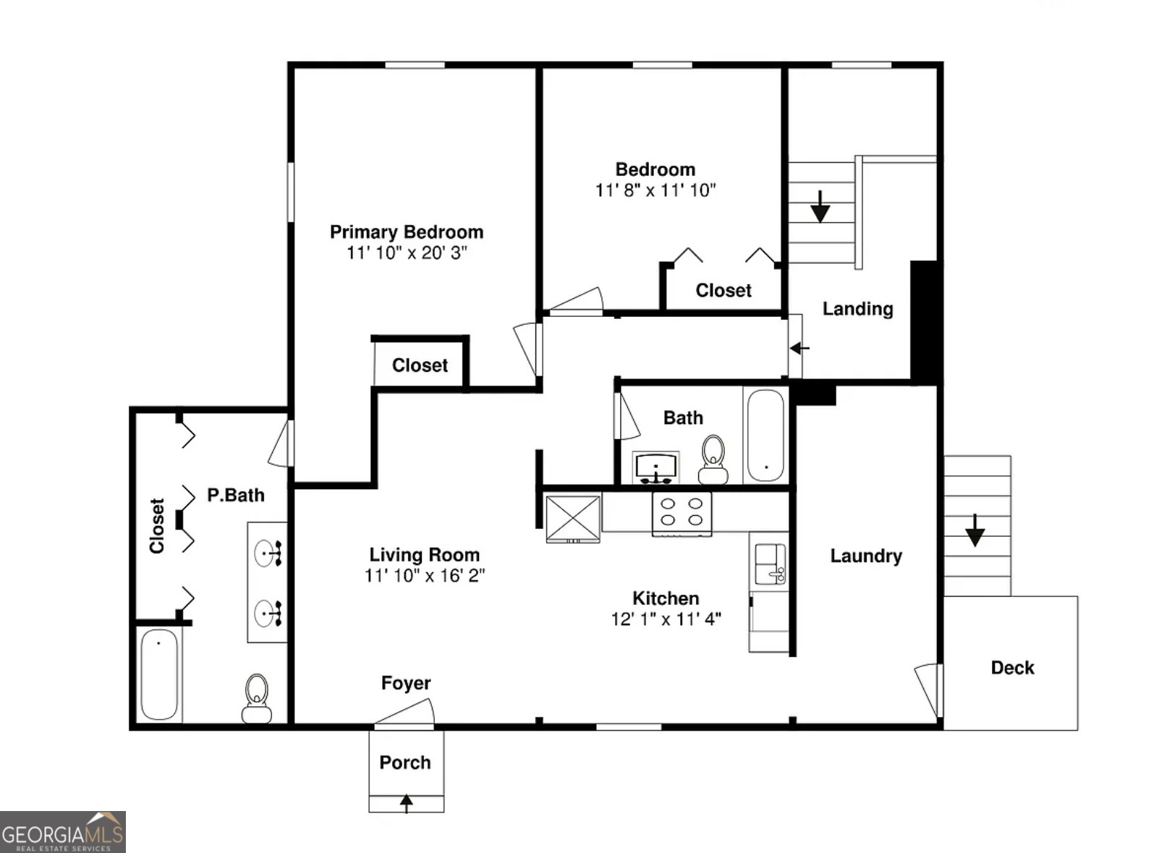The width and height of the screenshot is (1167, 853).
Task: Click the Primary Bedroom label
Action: pos(406,232)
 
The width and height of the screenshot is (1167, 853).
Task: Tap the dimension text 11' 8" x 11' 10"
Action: pos(655,190)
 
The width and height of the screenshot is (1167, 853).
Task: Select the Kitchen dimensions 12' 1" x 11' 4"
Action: pos(666,619)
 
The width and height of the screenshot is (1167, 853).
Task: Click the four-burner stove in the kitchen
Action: pos(682,512)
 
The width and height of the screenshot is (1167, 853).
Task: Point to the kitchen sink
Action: pos(769,564)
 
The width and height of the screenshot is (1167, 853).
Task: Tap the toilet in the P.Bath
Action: pos(256,698)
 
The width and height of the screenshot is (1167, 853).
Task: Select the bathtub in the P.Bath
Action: pos(158,674)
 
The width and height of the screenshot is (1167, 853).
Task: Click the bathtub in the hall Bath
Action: pos(765,436)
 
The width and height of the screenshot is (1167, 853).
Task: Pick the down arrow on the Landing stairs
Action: pos(820,207)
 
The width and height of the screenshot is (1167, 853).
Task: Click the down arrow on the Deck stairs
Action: pos(975,531)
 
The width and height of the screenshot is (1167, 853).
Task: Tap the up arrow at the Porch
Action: pos(407,802)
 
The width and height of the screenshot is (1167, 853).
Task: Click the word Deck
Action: pos(1011,668)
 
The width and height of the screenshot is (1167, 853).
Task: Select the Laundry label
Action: pos(865,556)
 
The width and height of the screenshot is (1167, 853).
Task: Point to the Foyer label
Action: pos(405,683)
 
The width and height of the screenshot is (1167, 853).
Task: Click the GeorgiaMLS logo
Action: pos(63,832)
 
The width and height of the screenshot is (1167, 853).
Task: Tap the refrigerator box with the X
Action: pos(572,518)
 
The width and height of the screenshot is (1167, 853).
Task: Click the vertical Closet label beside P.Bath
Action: pos(157,526)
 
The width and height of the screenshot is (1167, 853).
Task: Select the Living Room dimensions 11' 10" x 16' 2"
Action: pos(424,576)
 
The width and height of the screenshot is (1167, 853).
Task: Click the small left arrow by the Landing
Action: pos(799,348)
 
